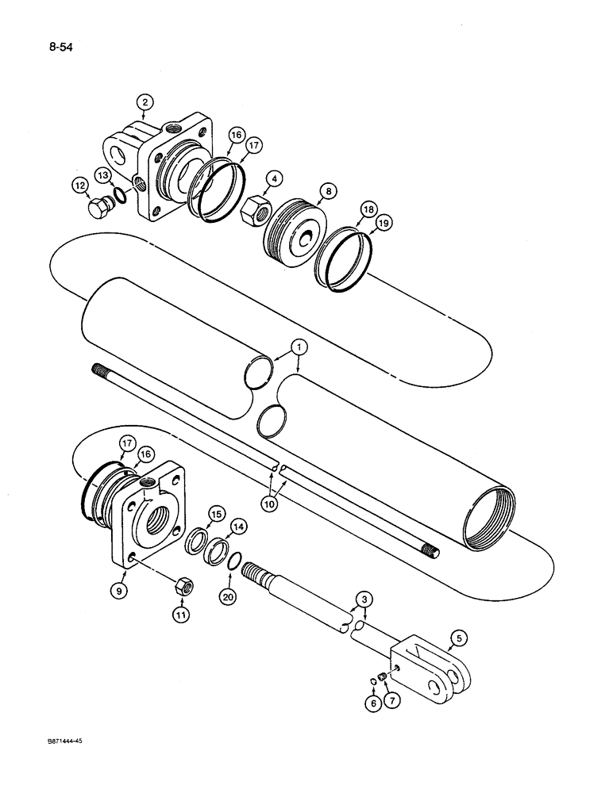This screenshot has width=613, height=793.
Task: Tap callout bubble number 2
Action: click(144, 102)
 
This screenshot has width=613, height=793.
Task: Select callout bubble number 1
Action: click(298, 347)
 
